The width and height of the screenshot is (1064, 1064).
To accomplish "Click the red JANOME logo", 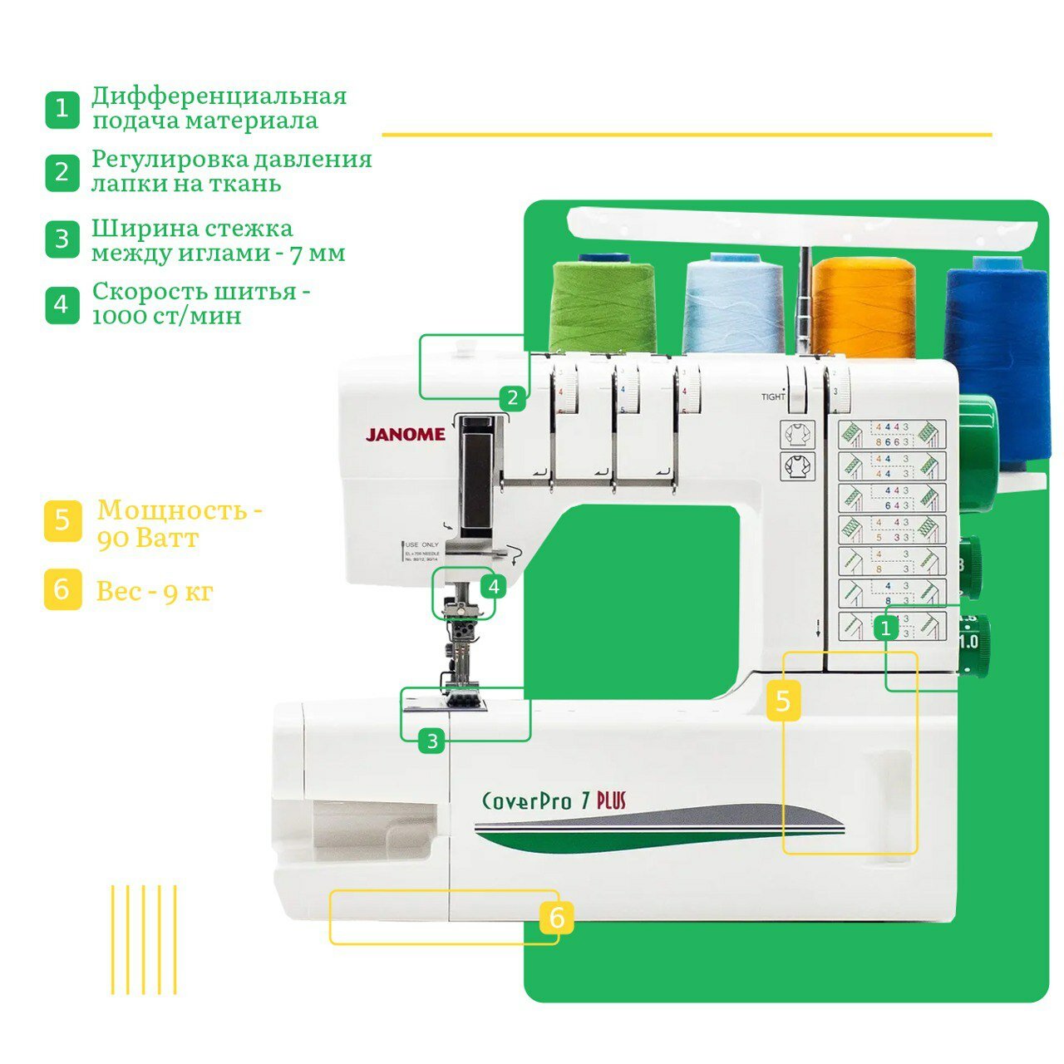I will click(x=406, y=435).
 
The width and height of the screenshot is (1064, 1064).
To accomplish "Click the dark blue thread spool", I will click(x=997, y=349).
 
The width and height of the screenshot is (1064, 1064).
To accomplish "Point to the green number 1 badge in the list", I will click(x=62, y=109).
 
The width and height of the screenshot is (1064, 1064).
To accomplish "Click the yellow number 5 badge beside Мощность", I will click(x=62, y=522).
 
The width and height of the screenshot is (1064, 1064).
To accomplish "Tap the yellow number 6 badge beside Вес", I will click(x=62, y=589).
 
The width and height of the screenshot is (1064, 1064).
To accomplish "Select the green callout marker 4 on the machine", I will click(x=494, y=587).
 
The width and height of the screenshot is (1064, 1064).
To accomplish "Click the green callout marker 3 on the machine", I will click(x=431, y=741).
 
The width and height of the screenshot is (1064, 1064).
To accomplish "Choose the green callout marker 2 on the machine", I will click(x=513, y=398).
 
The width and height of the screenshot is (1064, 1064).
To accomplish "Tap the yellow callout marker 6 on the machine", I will click(x=557, y=919).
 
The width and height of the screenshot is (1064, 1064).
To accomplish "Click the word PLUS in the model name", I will click(x=611, y=800).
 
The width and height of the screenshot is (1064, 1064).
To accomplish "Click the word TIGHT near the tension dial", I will click(x=773, y=397).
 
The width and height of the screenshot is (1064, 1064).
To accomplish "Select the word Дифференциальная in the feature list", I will click(x=219, y=96).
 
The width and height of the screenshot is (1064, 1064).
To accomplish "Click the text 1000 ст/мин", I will click(x=166, y=317).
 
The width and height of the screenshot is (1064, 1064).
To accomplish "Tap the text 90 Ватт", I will click(x=148, y=539).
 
